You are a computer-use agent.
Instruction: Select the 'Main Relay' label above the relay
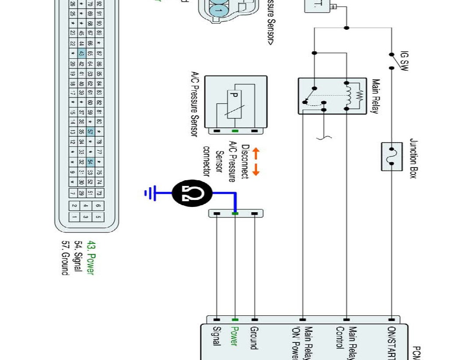click(375, 96)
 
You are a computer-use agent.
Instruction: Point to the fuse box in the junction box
click(391, 157)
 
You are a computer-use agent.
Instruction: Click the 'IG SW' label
click(404, 62)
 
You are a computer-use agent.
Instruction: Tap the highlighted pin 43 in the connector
click(81, 53)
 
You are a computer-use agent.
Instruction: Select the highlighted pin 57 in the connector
click(90, 132)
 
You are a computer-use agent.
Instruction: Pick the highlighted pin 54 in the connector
click(90, 162)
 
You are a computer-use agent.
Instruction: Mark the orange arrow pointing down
click(256, 170)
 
